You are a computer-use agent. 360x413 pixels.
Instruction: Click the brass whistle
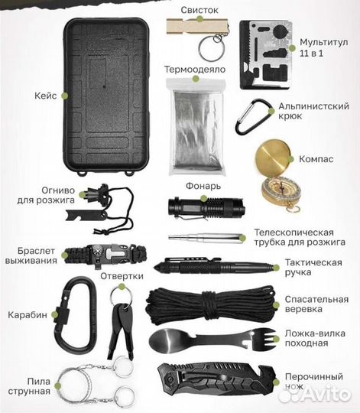(x=197, y=26)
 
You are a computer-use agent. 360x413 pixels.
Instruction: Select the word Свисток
(x=199, y=10)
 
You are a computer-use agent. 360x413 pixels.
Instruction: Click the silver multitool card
(x=266, y=55)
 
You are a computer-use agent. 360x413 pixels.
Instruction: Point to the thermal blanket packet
(x=197, y=126)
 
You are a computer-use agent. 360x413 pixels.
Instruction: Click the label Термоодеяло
(x=195, y=70)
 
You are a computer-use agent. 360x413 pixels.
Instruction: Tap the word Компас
(x=316, y=159)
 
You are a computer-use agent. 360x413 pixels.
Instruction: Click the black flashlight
(x=206, y=206)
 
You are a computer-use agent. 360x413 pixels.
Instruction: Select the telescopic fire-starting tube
(x=206, y=237)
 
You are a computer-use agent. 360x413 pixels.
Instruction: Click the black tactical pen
(x=214, y=266)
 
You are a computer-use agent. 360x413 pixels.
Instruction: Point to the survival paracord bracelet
(x=105, y=255)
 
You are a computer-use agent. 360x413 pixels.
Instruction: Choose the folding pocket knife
(x=216, y=379)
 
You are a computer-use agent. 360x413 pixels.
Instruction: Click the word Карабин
(x=28, y=315)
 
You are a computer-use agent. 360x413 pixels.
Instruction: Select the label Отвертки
(x=122, y=276)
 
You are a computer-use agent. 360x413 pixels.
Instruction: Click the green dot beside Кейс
(x=65, y=96)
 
